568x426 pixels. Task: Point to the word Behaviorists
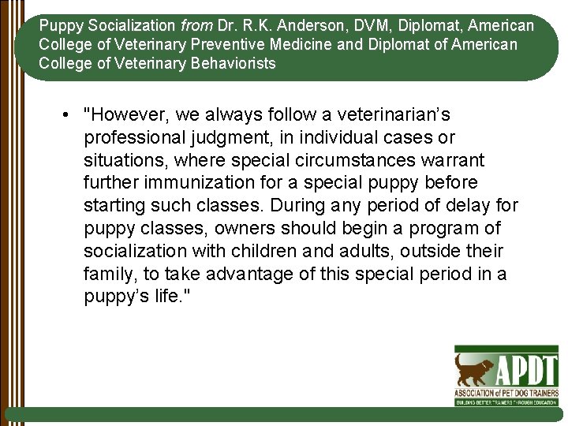tap(234, 63)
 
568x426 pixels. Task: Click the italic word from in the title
tap(197, 26)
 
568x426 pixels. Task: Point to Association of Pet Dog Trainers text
tap(506, 392)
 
